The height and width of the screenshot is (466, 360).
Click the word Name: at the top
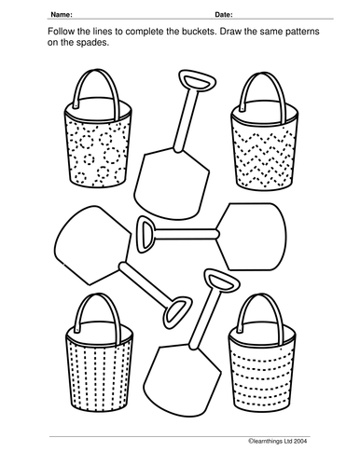tap(62, 15)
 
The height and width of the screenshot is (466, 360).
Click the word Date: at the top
tap(224, 15)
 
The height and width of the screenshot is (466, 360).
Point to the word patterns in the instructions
tap(302, 32)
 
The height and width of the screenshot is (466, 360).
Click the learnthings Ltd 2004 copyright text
tap(278, 441)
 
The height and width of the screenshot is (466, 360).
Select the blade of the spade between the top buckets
tap(172, 184)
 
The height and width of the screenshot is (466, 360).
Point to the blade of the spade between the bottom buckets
tap(182, 380)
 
